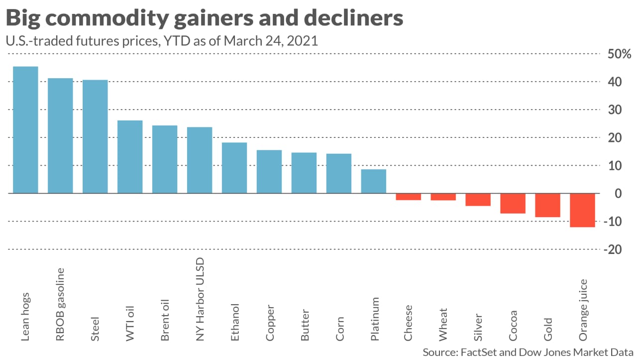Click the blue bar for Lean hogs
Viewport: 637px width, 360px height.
pos(25,129)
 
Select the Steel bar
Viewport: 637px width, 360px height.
pos(95,136)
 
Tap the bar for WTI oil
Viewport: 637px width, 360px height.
pos(130,156)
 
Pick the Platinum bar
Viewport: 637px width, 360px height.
pos(374,181)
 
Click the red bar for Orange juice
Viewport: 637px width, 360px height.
pos(583,210)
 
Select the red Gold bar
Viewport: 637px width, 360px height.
pos(548,205)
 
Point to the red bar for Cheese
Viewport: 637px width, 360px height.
pos(409,197)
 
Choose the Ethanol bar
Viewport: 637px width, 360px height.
pos(234,168)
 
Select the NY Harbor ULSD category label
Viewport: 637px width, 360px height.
pos(200,299)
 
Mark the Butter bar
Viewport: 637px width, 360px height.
pos(304,173)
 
